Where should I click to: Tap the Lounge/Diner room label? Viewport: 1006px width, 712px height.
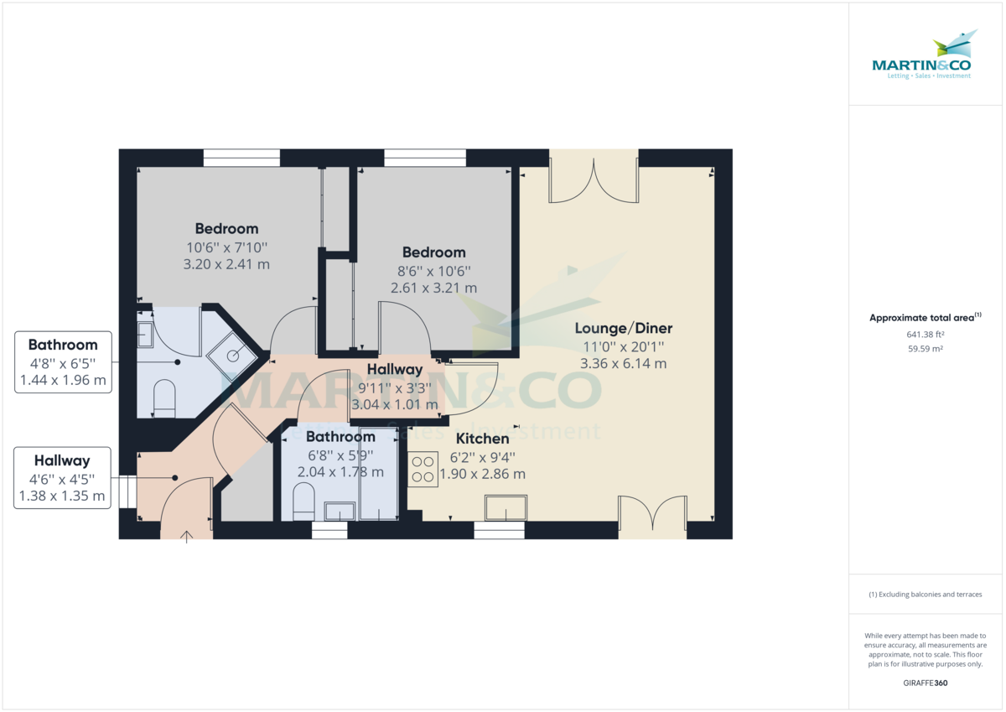click(623, 328)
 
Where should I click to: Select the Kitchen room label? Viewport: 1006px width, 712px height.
click(482, 439)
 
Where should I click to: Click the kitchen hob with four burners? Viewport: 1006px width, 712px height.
click(423, 469)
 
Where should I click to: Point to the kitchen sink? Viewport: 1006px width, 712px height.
click(506, 508)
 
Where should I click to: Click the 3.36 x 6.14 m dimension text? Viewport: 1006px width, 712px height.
click(623, 363)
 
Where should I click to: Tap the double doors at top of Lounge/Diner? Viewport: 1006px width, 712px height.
click(594, 179)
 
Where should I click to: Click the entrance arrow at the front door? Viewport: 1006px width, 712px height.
click(186, 536)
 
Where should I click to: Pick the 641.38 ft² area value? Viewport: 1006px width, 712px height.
click(926, 335)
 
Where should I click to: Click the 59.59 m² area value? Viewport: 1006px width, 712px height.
click(926, 349)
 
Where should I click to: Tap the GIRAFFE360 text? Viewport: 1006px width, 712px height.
click(926, 683)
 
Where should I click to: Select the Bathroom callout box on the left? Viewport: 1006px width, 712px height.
click(63, 362)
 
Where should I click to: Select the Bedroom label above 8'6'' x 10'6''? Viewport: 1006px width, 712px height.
click(433, 252)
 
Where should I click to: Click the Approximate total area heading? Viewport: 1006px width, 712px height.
click(925, 318)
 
